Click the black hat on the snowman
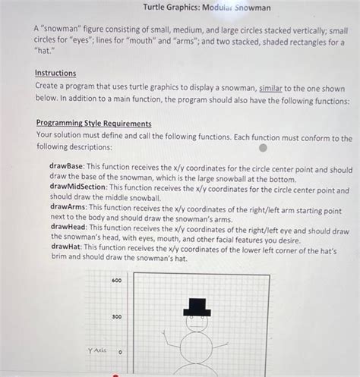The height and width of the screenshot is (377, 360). (197, 306)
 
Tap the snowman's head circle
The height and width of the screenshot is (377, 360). (197, 323)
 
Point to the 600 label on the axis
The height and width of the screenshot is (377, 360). (116, 281)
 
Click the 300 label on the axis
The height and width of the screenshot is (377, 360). (116, 316)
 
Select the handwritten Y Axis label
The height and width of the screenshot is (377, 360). (96, 351)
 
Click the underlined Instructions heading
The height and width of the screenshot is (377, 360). (55, 73)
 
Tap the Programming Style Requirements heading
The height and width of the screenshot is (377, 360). (93, 124)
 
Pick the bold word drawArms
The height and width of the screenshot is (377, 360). (68, 206)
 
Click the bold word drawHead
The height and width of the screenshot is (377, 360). (68, 226)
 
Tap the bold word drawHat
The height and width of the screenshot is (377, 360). (66, 247)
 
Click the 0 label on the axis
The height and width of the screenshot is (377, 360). (120, 352)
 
